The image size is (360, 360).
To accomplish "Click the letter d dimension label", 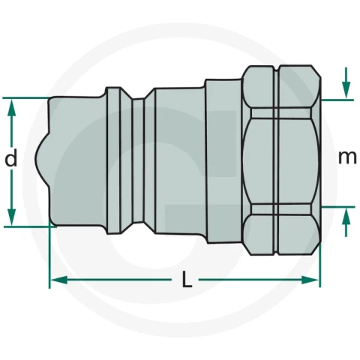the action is click(11, 157).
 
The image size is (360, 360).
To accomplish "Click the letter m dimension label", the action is click(347, 157).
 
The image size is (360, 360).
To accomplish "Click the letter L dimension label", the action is click(187, 279).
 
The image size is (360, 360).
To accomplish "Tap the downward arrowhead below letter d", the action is click(11, 217).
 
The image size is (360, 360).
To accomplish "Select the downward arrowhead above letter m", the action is click(346, 90).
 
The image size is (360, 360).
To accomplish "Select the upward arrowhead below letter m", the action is click(346, 217).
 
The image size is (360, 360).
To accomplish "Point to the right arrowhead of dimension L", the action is click(310, 280).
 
